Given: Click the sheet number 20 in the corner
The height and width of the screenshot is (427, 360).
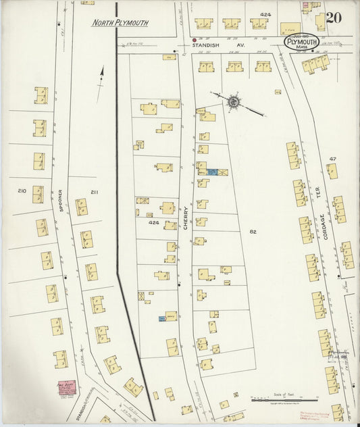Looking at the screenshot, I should point(333,18).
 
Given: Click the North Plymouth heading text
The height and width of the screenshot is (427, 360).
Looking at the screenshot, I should point(120,23).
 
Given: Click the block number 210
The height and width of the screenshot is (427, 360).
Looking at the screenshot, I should point(22,191).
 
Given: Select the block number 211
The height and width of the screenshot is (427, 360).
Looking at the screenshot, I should point(94,193).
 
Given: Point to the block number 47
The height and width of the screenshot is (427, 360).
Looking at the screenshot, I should point(332,158).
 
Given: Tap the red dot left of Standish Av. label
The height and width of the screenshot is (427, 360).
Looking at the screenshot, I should point(195,40).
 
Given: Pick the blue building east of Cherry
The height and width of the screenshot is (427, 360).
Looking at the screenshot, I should point(213,172).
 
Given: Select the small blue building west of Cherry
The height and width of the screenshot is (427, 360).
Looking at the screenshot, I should point(162,318).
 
